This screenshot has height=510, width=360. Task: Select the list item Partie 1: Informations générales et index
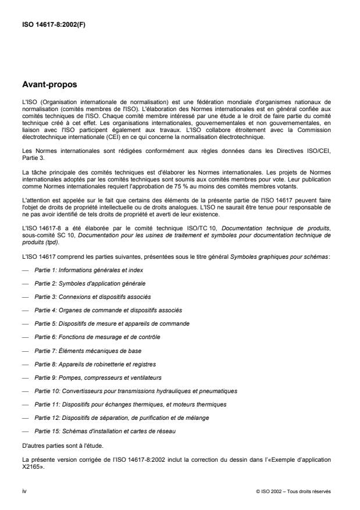tap(88, 270)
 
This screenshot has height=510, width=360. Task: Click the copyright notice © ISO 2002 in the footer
tap(293, 491)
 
